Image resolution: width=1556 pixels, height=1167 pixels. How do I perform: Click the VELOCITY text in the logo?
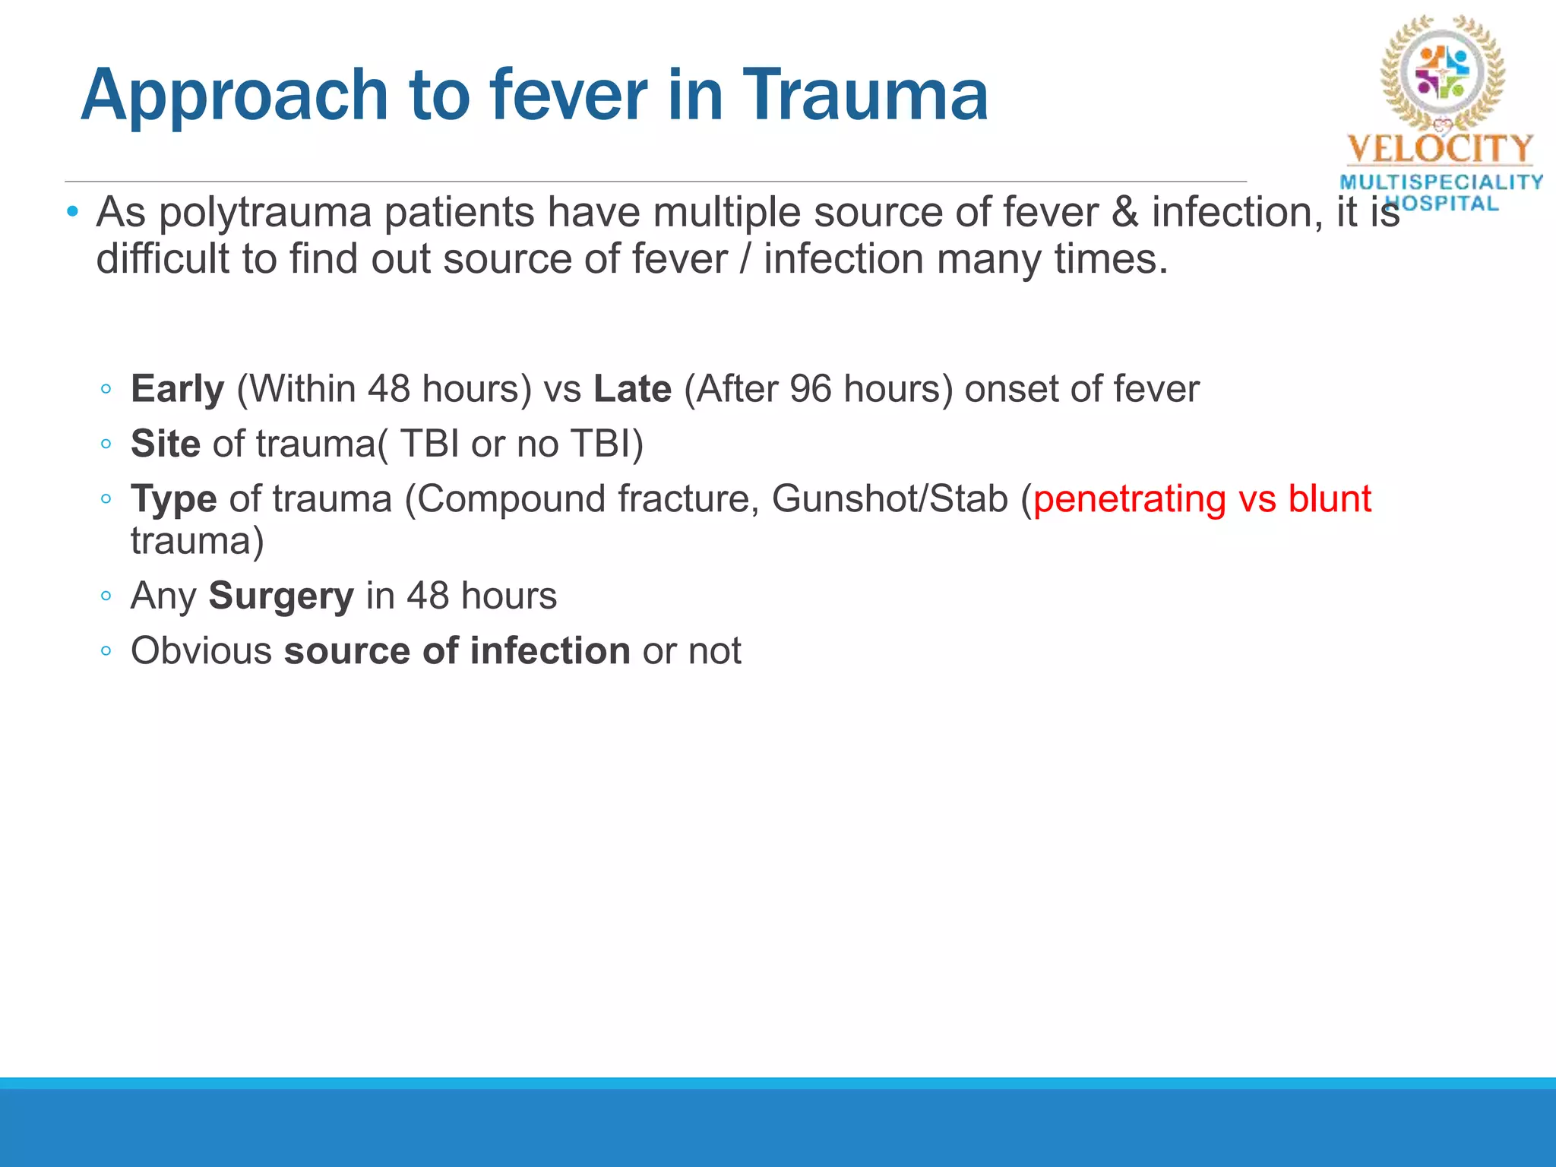coord(1441,149)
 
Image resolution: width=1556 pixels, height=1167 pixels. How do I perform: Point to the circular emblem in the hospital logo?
coord(1442,72)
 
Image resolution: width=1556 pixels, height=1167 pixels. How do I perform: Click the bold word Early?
coord(177,390)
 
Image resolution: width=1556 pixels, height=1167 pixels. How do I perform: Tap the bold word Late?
coord(632,389)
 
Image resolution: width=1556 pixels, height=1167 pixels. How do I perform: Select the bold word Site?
coord(165,444)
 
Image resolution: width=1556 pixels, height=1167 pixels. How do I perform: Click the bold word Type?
coord(173,500)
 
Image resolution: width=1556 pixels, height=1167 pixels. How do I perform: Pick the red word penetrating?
coord(1129,500)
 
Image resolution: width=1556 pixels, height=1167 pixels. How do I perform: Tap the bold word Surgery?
coord(281,596)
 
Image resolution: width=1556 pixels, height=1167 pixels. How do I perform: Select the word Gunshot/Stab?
coord(890,499)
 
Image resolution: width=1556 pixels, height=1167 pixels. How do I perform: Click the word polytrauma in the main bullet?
coord(265,213)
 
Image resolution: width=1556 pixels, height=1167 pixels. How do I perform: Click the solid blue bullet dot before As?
coord(72,210)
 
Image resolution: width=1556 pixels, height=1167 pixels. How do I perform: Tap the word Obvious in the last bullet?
coord(201,651)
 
